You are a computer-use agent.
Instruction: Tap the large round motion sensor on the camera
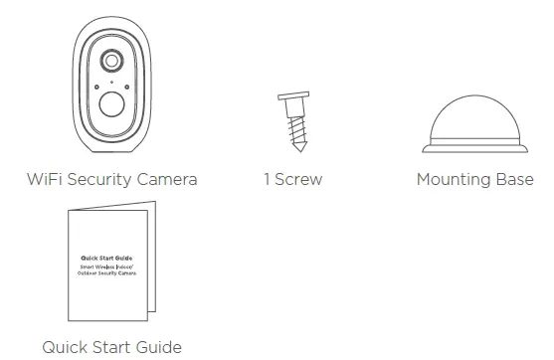coord(110,104)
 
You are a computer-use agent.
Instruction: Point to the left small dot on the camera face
coord(95,87)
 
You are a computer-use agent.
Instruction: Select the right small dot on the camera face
coord(126,87)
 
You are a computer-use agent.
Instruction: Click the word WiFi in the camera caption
coord(47,180)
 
